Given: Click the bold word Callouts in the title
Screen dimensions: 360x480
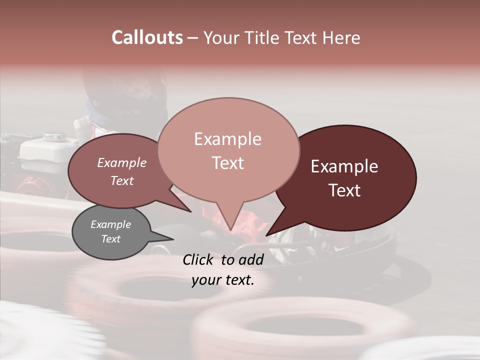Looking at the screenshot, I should coord(147,38).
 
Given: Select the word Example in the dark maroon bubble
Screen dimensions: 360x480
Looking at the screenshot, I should coord(344,166).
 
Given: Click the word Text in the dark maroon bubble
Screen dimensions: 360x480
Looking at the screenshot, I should coord(344,190).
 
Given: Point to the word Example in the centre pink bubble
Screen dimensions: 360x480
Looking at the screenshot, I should coord(227,139).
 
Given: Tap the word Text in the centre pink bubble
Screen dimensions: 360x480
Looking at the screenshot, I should coord(227,163).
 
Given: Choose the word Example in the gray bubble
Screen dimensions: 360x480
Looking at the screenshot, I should coord(110,224).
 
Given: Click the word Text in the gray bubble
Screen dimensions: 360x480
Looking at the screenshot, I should coord(110,239).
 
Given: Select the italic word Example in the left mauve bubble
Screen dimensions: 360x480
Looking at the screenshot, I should coord(121,163).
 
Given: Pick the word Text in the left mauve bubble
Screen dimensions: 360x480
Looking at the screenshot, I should coord(121,180).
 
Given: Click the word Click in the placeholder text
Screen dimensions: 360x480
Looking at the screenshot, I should coord(199,259).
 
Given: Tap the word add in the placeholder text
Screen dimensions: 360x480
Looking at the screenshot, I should coord(251,259).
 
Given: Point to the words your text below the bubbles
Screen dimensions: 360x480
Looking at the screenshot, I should coord(223,280).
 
